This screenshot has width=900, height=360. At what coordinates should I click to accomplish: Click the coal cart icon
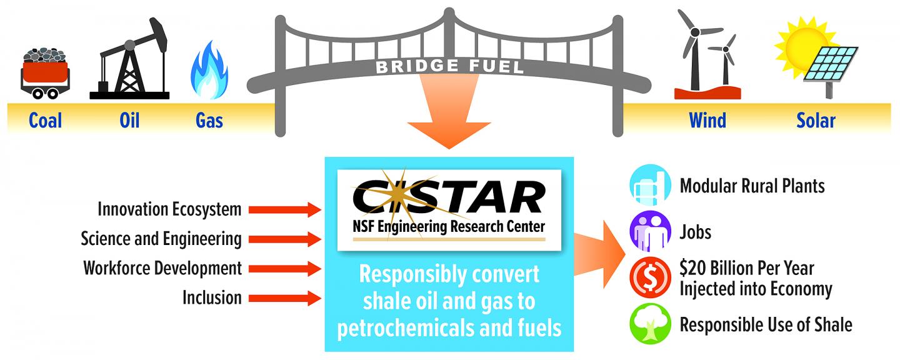pyautogui.click(x=46, y=72)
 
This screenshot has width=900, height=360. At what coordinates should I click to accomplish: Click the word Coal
pyautogui.click(x=45, y=120)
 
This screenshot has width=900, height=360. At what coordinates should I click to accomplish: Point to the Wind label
pyautogui.click(x=707, y=120)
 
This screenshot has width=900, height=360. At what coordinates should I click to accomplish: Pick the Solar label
pyautogui.click(x=816, y=120)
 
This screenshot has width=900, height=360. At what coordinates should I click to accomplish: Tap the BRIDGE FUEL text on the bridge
pyautogui.click(x=449, y=66)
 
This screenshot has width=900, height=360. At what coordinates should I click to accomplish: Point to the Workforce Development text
pyautogui.click(x=162, y=268)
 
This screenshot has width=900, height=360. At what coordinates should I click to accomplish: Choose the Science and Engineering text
pyautogui.click(x=161, y=239)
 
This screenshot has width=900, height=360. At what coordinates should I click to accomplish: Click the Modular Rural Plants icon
pyautogui.click(x=650, y=186)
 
